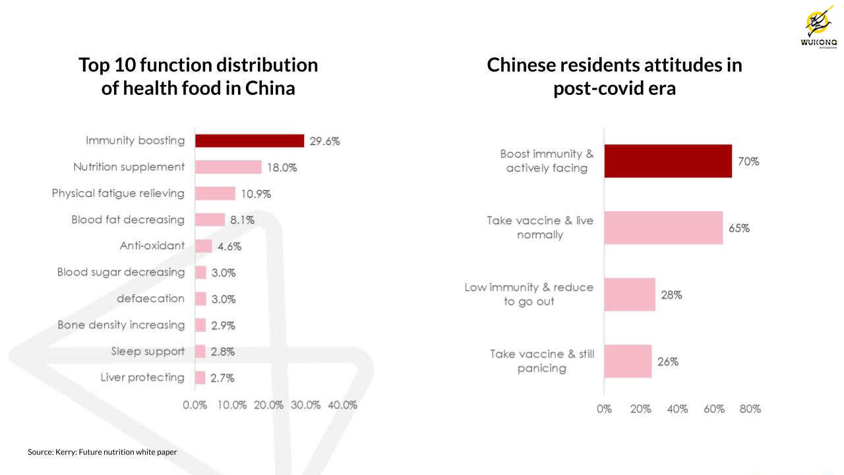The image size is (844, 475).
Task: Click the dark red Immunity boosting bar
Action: pyautogui.click(x=249, y=141)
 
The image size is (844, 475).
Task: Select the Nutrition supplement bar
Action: pyautogui.click(x=228, y=167)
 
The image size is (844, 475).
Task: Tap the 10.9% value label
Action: pyautogui.click(x=255, y=194)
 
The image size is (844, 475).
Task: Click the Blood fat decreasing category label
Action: pyautogui.click(x=128, y=220)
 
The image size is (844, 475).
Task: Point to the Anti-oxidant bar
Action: pyautogui.click(x=204, y=246)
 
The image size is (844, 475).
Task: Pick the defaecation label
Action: pyautogui.click(x=150, y=298)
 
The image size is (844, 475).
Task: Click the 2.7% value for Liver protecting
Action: pyautogui.click(x=222, y=378)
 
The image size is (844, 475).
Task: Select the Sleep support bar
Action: pyautogui.click(x=200, y=352)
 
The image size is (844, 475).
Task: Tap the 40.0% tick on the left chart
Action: pyautogui.click(x=342, y=404)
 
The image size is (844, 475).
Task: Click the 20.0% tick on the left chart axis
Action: pyautogui.click(x=268, y=404)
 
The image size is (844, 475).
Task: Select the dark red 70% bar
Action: pyautogui.click(x=668, y=161)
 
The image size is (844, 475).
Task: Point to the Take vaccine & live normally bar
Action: pyautogui.click(x=663, y=228)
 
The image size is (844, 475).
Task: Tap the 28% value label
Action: pyautogui.click(x=671, y=295)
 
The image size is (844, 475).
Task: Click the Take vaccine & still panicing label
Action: pyautogui.click(x=542, y=361)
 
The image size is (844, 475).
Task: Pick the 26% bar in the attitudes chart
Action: pyautogui.click(x=628, y=361)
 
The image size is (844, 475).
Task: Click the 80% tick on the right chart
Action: pyautogui.click(x=750, y=409)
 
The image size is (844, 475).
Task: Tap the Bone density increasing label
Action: pyautogui.click(x=121, y=325)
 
